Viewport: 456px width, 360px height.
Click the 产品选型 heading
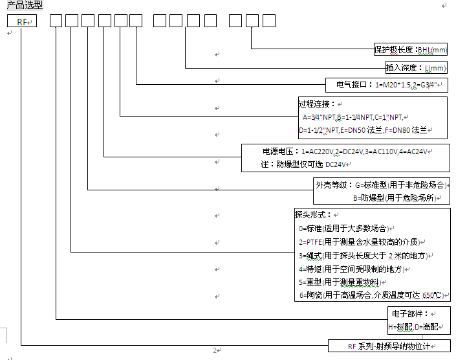(25, 5)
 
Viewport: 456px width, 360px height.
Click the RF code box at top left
(22, 21)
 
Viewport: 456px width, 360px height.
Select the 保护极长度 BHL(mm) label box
(411, 49)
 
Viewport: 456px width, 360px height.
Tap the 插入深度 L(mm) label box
(416, 67)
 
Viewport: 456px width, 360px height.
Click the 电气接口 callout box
(387, 85)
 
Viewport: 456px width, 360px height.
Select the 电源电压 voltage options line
(345, 152)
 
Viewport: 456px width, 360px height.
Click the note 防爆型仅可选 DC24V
(303, 164)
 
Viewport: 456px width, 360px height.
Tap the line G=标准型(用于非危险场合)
(401, 185)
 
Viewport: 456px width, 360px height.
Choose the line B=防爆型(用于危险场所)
(395, 198)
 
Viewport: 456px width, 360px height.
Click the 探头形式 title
(312, 215)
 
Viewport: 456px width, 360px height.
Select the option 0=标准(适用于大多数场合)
(343, 229)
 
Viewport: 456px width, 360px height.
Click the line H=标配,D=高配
(413, 327)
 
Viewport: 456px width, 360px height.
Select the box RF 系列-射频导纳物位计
(389, 346)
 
